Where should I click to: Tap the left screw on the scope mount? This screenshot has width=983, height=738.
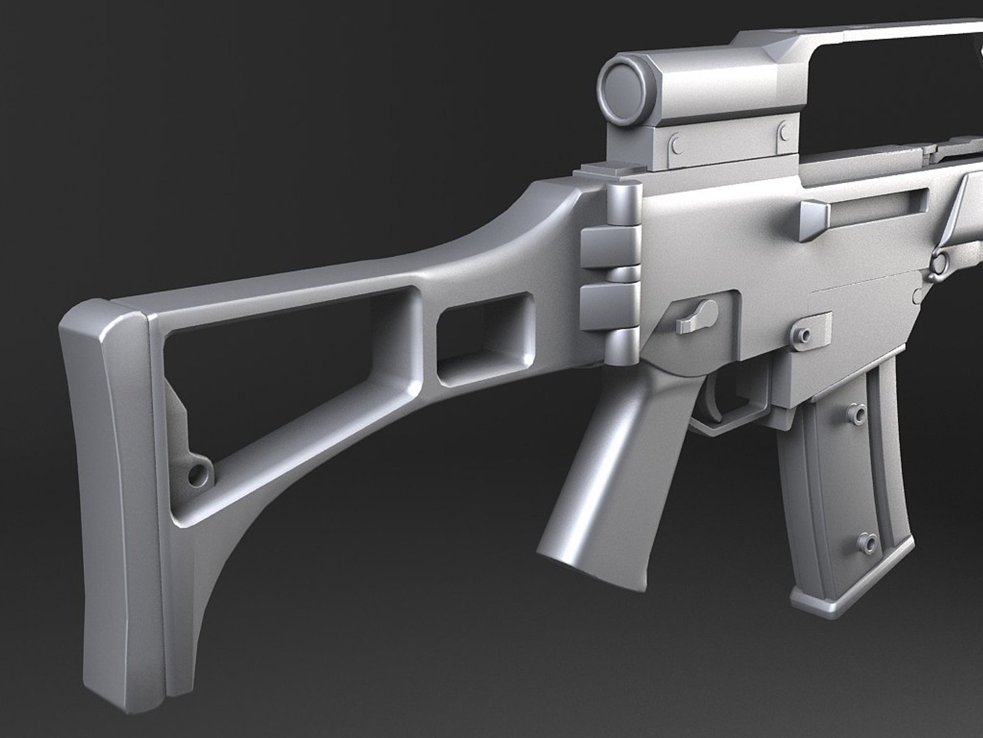point(676,144)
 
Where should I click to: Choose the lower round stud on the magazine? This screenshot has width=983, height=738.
point(868,541)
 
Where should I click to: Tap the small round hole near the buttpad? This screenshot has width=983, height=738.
point(199,472)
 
